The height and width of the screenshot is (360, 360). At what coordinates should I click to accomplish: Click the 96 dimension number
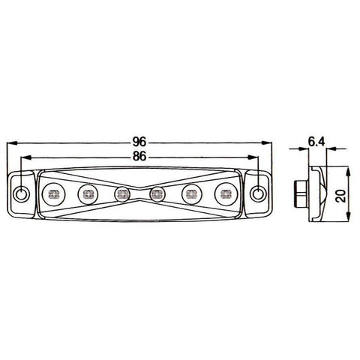pos(139,142)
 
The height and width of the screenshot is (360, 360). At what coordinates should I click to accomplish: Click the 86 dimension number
pos(139,157)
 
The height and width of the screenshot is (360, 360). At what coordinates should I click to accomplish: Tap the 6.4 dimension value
pos(316,142)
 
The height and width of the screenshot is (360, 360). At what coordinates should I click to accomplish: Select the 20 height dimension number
pos(341,196)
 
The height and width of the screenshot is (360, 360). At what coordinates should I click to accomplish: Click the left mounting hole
pos(21,193)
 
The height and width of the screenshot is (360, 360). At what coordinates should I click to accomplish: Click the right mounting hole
pos(257,193)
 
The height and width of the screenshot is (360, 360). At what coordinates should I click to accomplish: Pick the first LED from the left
pos(53,194)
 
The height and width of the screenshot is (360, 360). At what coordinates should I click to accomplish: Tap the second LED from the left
pos(88,194)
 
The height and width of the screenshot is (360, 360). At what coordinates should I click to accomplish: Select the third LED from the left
pos(122,194)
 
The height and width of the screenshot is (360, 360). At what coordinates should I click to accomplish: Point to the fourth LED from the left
pos(157,193)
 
